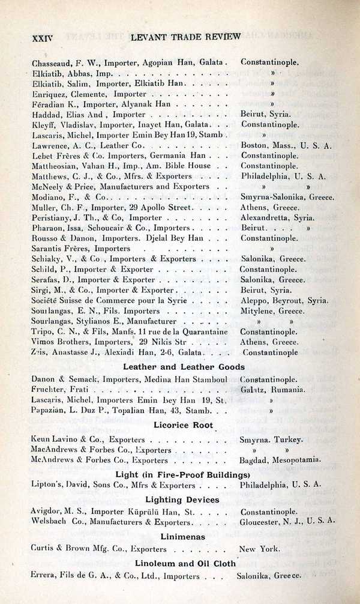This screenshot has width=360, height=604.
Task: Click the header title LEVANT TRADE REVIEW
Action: [183, 36]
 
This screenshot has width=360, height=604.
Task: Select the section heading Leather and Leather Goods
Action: [184, 366]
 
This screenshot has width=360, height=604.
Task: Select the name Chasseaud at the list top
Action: [50, 62]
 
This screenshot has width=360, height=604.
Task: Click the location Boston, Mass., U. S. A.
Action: [286, 145]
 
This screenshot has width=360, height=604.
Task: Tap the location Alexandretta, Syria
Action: [278, 217]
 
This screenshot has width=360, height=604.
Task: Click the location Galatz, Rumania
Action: [273, 389]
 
